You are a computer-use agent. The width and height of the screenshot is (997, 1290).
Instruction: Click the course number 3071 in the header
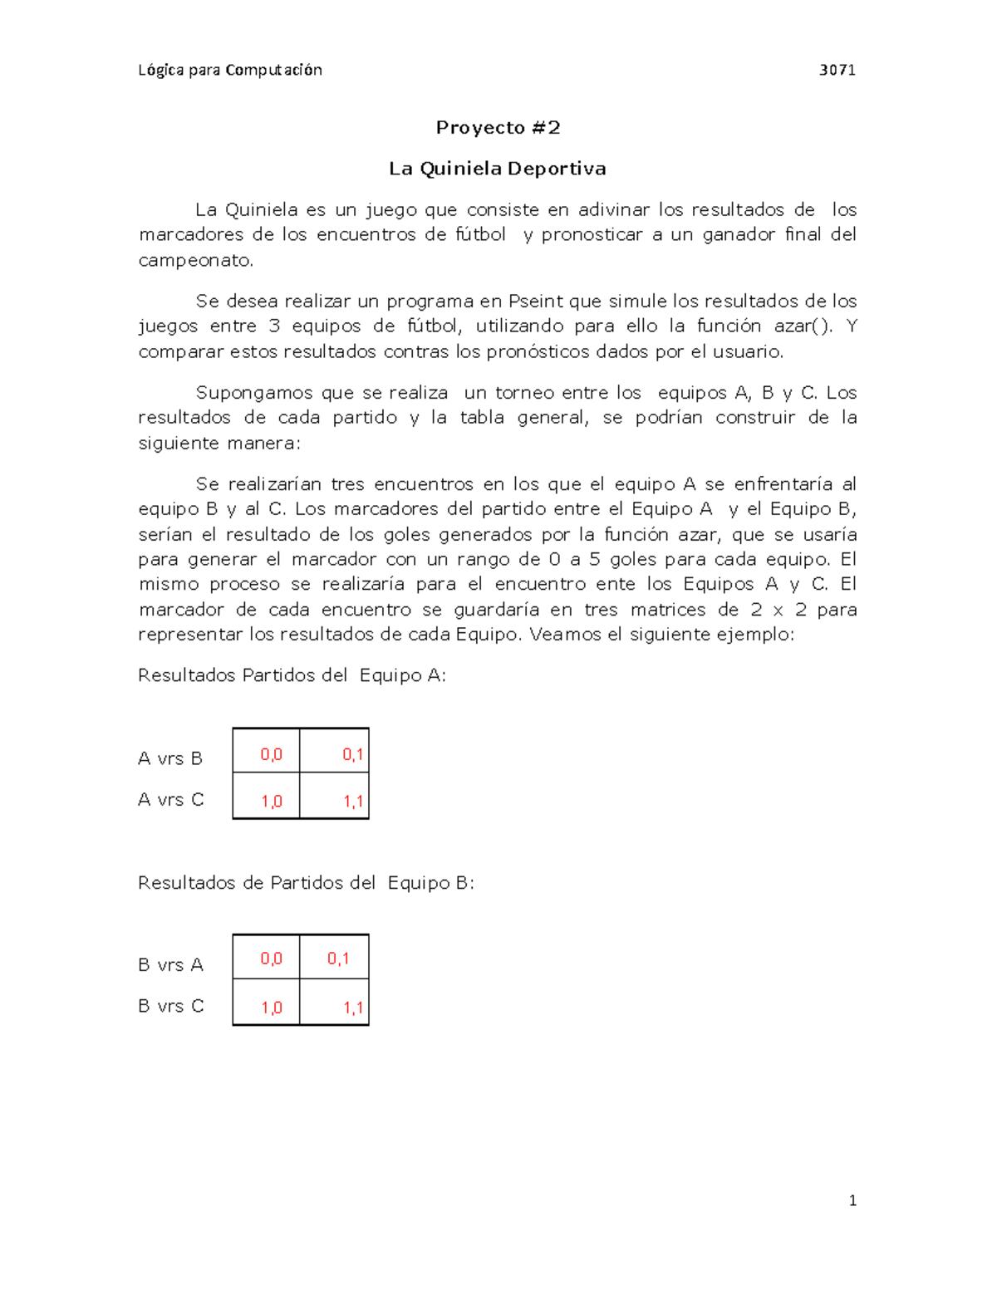837,70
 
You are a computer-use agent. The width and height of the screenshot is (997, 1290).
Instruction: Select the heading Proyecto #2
498,127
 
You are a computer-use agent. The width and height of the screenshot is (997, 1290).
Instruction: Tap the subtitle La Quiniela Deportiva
498,169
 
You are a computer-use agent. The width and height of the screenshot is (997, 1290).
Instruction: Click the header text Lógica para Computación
230,70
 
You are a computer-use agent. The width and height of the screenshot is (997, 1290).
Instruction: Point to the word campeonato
194,260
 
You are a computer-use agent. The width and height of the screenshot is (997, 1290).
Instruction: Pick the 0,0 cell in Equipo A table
271,754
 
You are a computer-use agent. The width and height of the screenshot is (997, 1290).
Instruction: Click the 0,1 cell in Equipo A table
352,754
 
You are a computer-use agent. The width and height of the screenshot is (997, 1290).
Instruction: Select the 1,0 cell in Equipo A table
271,802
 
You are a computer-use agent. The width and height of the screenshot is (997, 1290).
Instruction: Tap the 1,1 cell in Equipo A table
352,802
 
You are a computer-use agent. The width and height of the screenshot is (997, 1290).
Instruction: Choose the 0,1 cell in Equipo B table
337,959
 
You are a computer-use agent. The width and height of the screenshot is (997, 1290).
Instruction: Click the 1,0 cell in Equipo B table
271,1008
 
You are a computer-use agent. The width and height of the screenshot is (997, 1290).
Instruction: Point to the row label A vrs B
170,758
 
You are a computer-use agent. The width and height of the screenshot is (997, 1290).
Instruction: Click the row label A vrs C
170,799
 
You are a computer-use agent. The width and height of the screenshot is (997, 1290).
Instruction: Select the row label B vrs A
170,964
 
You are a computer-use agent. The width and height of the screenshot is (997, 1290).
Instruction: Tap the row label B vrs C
170,1006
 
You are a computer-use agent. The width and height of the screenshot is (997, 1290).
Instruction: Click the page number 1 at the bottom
852,1200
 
